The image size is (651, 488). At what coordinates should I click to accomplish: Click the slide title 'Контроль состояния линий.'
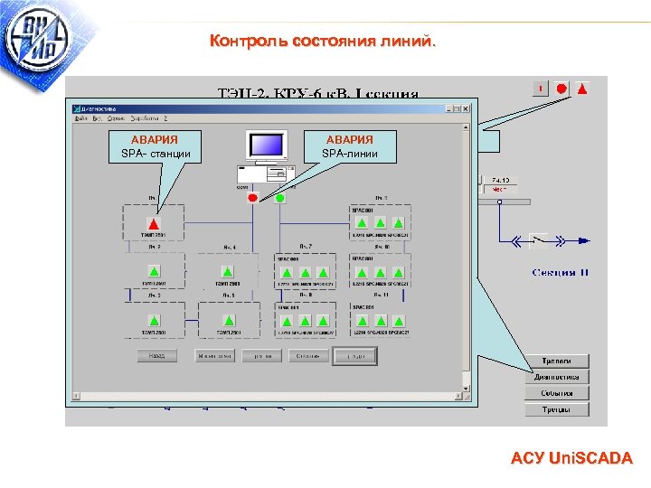click(x=322, y=42)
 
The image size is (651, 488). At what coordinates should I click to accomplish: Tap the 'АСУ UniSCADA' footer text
click(x=571, y=459)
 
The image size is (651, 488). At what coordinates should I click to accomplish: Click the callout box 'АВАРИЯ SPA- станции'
click(x=155, y=146)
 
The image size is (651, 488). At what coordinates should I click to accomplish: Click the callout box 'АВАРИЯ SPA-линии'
click(x=349, y=146)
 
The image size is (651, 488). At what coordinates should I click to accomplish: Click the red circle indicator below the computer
click(x=253, y=197)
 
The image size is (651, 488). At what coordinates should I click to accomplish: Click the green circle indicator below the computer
click(x=280, y=197)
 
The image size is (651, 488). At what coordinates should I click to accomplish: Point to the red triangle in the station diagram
click(x=155, y=223)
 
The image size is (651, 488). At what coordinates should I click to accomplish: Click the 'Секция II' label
click(x=561, y=273)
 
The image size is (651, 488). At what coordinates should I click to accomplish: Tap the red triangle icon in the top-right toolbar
click(x=582, y=89)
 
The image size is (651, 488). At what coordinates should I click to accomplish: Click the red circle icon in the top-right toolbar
click(x=561, y=89)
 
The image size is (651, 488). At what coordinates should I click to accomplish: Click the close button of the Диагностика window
click(x=467, y=108)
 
